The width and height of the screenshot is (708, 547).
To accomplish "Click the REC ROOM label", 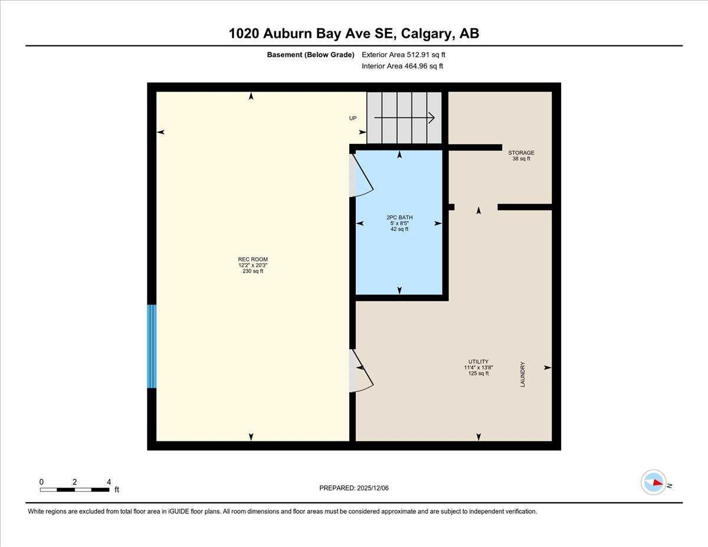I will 253,260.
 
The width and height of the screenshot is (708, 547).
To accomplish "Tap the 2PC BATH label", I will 399,218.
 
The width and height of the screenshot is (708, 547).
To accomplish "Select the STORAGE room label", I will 521,153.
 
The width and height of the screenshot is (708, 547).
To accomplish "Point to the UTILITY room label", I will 478,362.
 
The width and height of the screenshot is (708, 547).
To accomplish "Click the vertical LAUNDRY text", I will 523,374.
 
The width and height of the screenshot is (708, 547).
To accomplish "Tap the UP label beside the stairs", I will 353,119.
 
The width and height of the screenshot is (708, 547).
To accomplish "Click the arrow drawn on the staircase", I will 405,118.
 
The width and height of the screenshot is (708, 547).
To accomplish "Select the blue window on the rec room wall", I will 152,346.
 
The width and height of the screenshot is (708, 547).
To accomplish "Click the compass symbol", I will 654,482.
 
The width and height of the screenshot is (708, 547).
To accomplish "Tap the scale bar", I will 74,490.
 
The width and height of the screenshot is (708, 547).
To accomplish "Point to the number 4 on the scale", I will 109,482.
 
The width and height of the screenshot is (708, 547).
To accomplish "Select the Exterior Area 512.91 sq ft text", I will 403,55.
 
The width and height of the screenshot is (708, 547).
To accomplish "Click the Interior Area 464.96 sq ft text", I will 402,66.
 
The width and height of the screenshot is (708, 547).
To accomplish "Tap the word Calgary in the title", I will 426,34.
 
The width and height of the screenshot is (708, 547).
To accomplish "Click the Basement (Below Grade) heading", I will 310,55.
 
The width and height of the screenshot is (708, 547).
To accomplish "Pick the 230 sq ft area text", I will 253,271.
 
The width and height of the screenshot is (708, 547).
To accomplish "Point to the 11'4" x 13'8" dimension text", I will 478,368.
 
